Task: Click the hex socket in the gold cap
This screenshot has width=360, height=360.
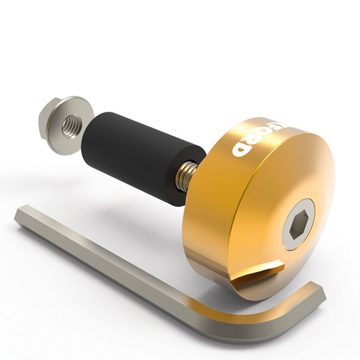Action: [x=297, y=225]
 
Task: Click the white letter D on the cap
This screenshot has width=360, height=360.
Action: [x=241, y=148]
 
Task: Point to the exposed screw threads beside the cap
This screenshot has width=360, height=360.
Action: [x=186, y=176]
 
